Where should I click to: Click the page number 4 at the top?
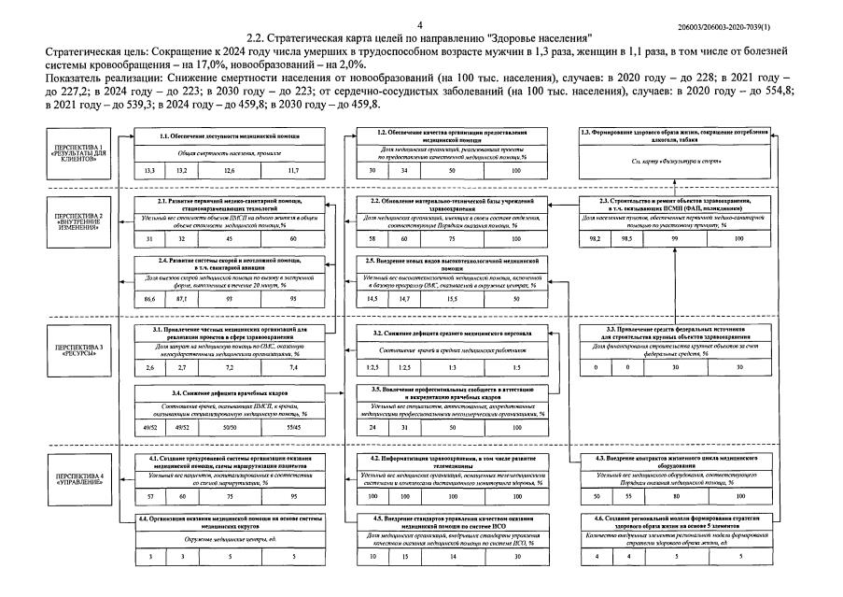(x=420, y=22)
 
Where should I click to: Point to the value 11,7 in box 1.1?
(x=293, y=171)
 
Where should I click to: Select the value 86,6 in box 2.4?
(x=149, y=298)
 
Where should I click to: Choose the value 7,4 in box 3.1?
(x=293, y=368)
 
